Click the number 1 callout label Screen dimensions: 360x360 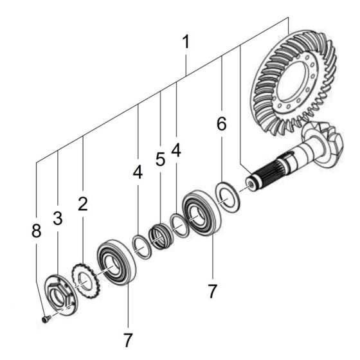(x=186, y=43)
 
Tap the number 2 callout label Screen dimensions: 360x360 (x=82, y=204)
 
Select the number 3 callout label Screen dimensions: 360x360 (x=58, y=217)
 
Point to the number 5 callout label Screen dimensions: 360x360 (x=160, y=159)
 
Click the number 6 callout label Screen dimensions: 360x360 (x=221, y=125)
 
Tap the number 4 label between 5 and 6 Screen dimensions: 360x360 (x=175, y=150)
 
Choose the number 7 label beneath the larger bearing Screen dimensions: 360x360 (x=213, y=291)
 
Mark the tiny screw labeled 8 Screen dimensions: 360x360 (x=43, y=318)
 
